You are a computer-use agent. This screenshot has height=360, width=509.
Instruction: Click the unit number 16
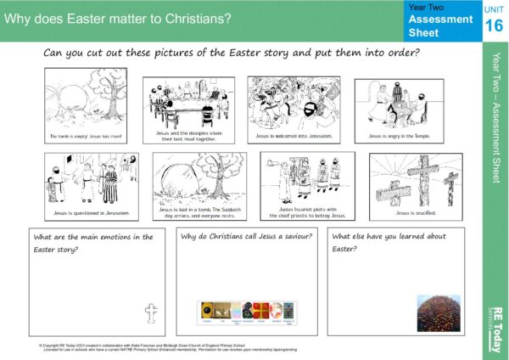click(x=493, y=25)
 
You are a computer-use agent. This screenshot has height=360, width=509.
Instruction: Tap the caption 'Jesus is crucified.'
click(x=415, y=212)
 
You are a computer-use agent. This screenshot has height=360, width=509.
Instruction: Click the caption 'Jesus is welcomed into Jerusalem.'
click(x=294, y=136)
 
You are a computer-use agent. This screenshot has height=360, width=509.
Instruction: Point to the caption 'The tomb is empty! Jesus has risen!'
click(x=86, y=136)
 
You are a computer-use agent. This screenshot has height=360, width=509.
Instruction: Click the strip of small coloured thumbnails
click(x=245, y=312)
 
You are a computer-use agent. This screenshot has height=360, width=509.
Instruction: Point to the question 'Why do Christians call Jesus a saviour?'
click(x=247, y=236)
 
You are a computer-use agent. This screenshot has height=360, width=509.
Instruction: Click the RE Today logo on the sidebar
click(x=495, y=328)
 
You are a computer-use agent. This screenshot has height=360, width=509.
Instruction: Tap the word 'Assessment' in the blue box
click(x=440, y=19)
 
